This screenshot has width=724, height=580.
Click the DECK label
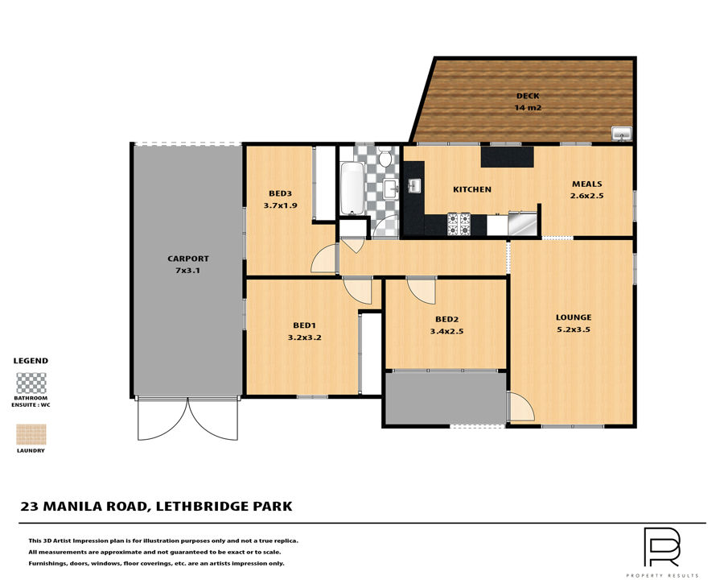pos(528,96)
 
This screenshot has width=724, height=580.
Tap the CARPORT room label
pos(188,259)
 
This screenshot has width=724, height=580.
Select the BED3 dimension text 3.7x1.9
pos(280,205)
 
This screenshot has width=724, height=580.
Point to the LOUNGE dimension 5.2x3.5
pos(574,329)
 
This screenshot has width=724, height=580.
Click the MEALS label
pos(587,184)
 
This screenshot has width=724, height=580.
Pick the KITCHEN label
pos(472,189)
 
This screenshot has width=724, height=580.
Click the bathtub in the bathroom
pos(352,188)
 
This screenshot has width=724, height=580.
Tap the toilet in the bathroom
pos(385,157)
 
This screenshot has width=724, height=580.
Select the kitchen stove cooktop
pos(459,223)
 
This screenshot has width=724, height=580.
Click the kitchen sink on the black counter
pos(413,186)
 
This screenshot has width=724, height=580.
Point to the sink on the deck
pos(622,134)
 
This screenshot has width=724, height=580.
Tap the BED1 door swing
pos(358,291)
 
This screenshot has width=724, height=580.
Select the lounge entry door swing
pos(521,407)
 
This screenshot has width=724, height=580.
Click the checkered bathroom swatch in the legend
pos(31,383)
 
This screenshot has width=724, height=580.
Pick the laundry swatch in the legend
pos(31,435)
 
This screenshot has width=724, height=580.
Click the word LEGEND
pos(31,361)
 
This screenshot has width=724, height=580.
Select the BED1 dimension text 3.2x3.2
pos(305,338)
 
